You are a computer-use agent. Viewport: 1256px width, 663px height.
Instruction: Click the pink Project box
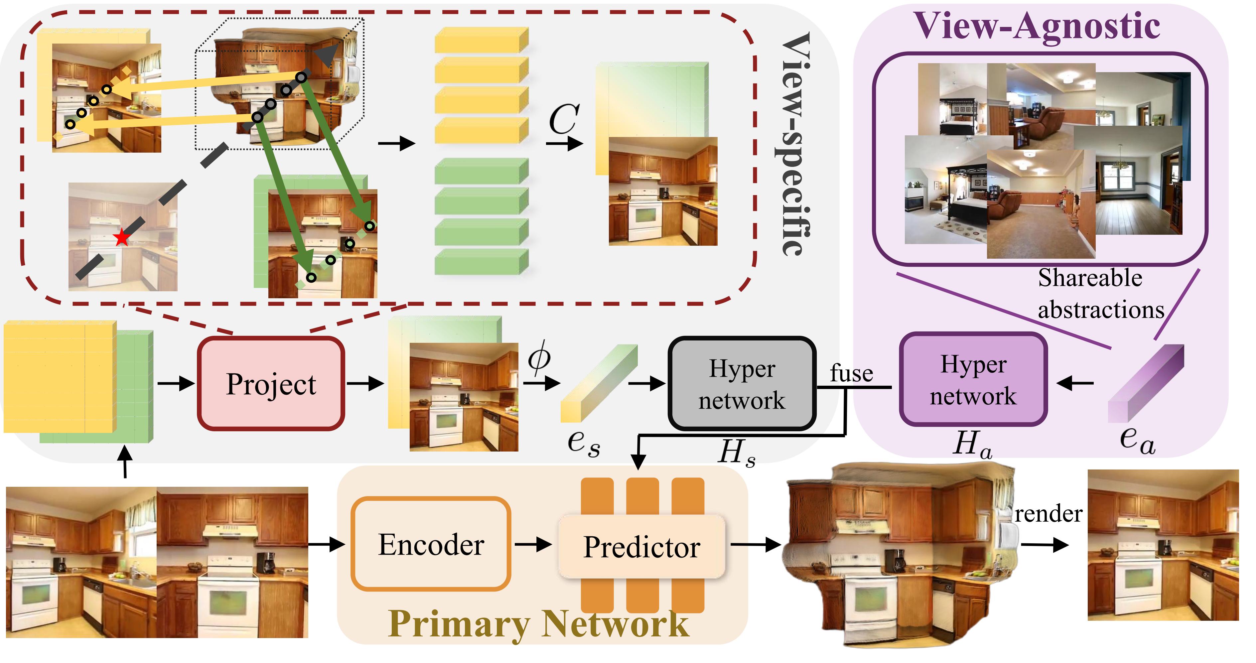click(x=271, y=384)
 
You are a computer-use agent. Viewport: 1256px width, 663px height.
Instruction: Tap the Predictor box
click(x=642, y=547)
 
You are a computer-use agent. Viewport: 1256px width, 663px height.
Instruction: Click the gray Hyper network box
click(x=742, y=384)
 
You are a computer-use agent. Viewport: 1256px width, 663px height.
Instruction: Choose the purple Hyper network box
click(x=973, y=380)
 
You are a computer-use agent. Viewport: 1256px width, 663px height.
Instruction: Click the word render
click(x=1048, y=514)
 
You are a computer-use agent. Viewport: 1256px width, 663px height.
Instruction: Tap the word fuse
click(x=851, y=373)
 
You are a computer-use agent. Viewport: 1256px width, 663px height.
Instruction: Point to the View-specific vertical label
click(x=796, y=144)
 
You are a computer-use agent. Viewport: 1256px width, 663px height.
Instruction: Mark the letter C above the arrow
click(x=564, y=119)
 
